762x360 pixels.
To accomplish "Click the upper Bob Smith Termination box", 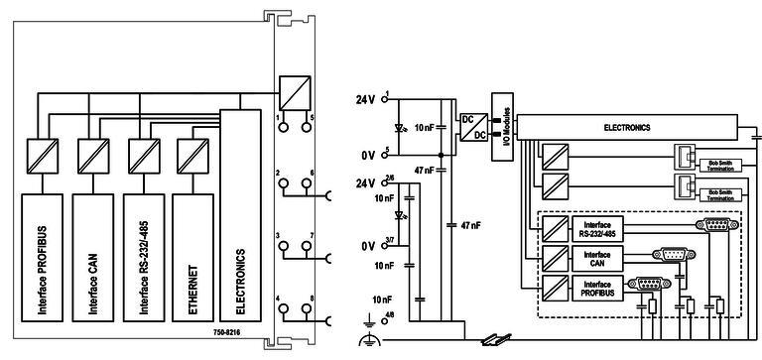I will click(x=721, y=162).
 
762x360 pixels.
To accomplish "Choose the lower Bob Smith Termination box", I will click(x=721, y=189).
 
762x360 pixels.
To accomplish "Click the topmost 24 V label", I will click(x=367, y=100).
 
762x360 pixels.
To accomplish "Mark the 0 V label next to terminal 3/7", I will click(x=367, y=245).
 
